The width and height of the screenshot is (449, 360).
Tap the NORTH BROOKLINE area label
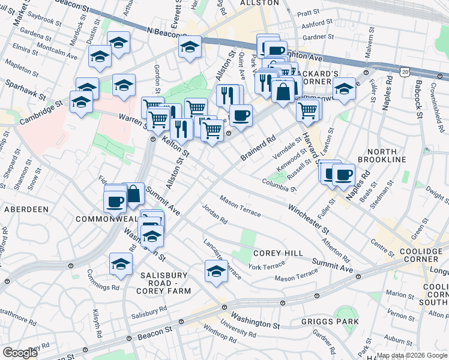382,155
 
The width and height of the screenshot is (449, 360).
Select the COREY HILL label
277,253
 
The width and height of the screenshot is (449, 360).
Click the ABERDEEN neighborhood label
26,209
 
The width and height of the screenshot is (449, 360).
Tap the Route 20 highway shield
406,72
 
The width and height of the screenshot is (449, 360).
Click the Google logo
20,353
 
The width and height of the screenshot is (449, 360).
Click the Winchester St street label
308,219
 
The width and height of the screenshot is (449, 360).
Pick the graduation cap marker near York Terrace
216,271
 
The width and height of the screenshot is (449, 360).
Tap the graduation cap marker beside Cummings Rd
121,264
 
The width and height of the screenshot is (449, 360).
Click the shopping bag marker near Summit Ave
133,194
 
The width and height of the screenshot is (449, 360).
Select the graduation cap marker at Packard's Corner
344,89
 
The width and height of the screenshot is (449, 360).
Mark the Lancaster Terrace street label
222,258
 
